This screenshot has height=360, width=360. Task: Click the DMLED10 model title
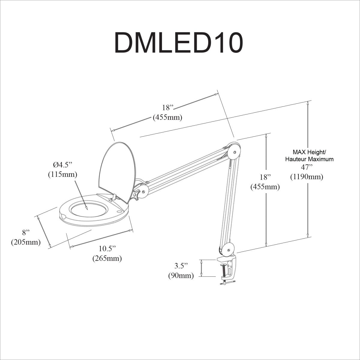[178, 43]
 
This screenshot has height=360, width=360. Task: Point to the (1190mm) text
[306, 177]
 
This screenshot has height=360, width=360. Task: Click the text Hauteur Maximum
[309, 159]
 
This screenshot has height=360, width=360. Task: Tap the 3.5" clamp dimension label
[181, 265]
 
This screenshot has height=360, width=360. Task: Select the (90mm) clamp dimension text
[181, 275]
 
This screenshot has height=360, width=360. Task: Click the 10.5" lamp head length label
[107, 248]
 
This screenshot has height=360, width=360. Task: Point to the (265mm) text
[107, 258]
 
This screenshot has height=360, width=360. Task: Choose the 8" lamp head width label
[26, 232]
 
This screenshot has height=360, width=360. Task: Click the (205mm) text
[26, 242]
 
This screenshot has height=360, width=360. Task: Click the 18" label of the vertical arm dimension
[265, 177]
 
